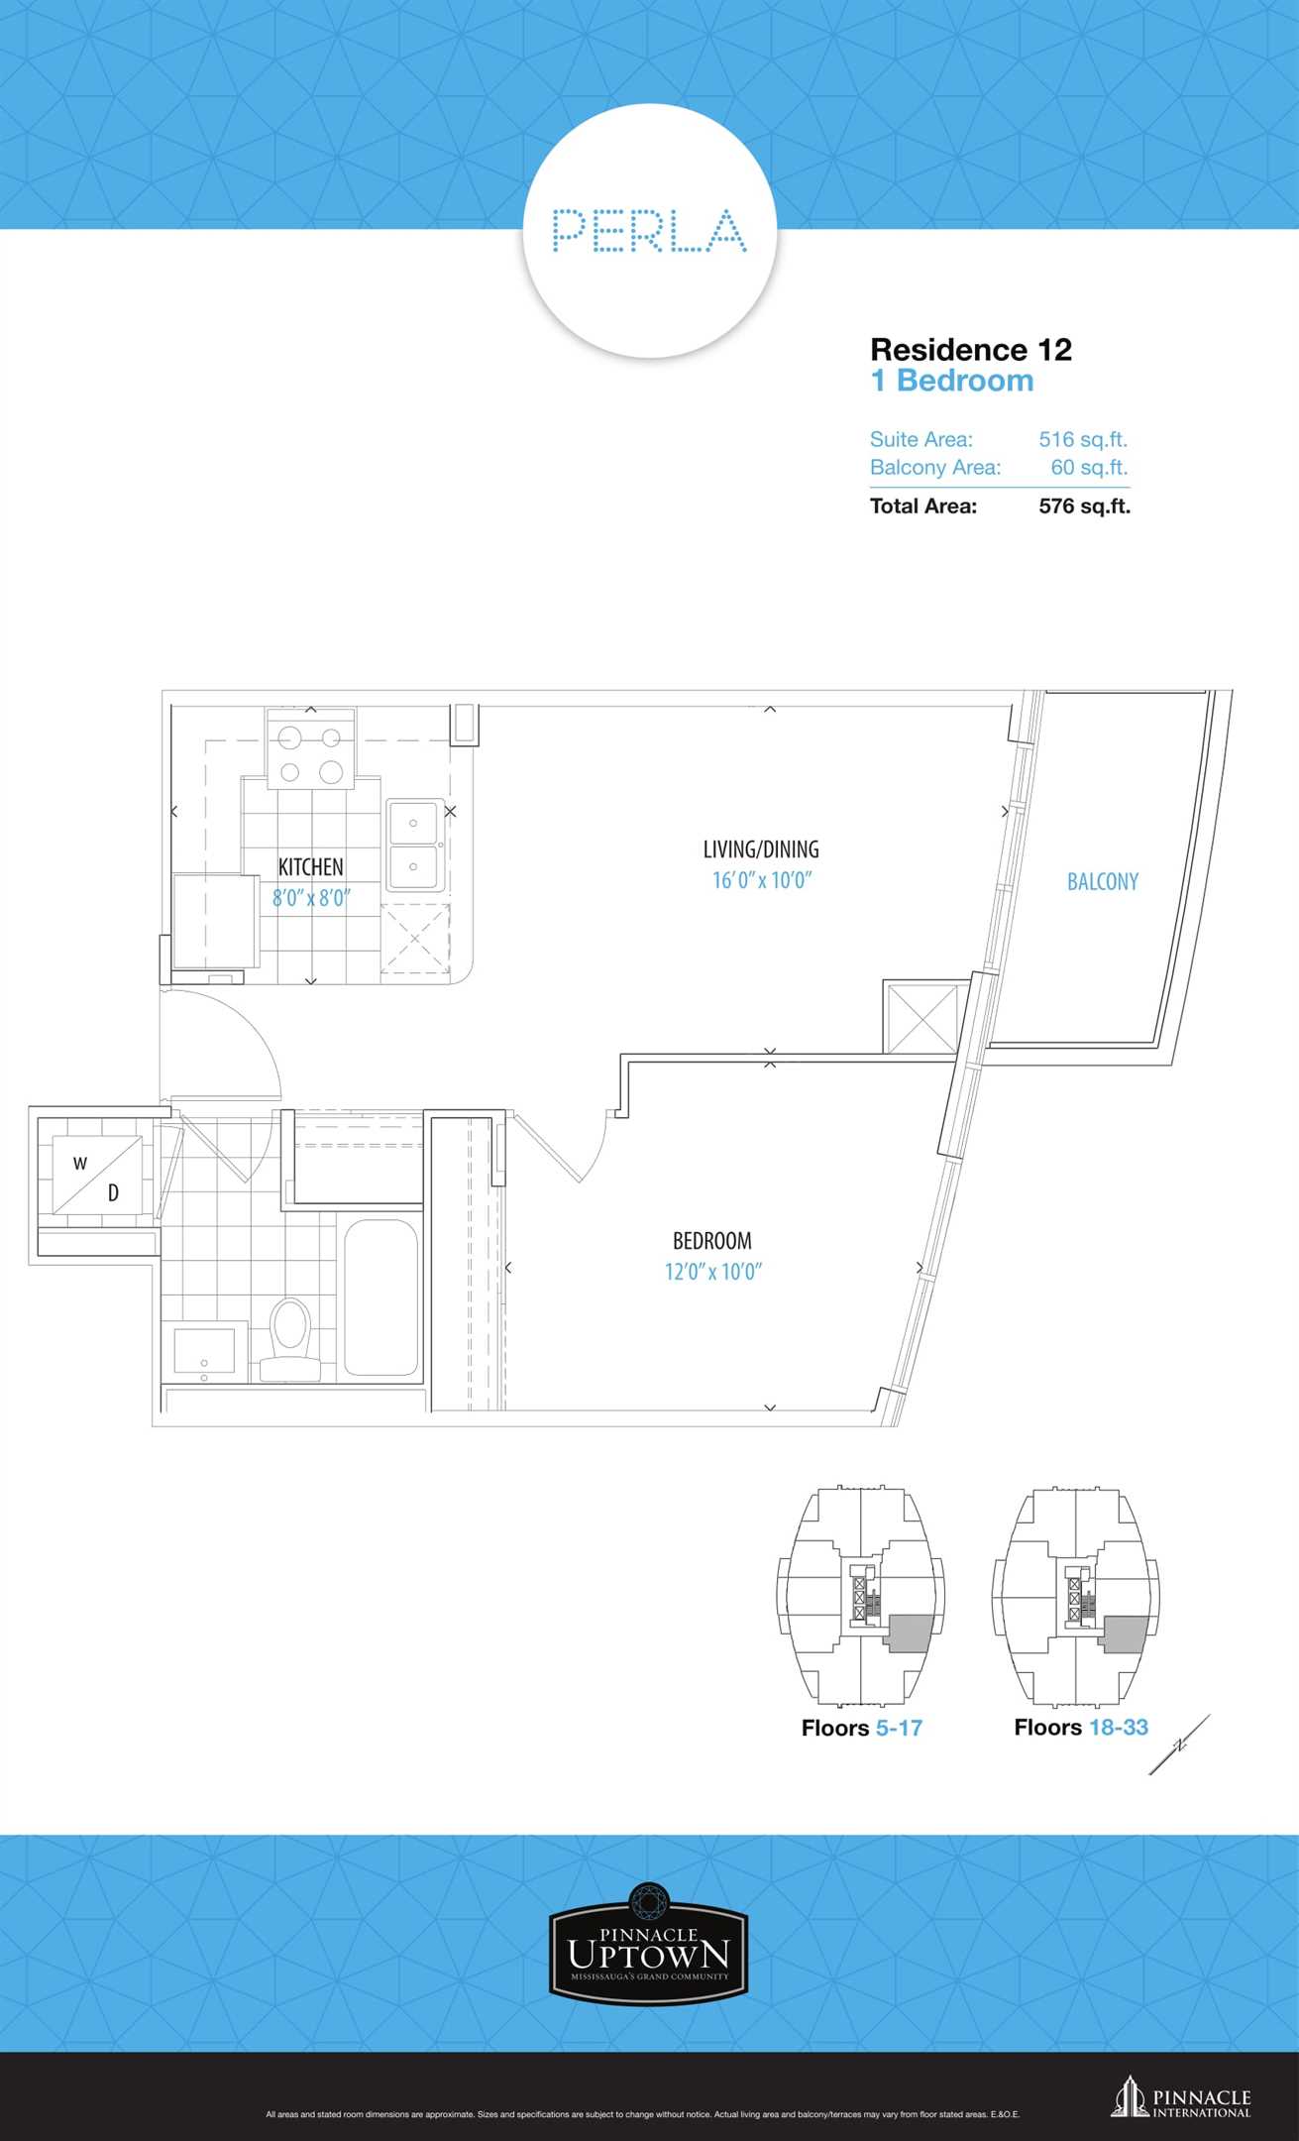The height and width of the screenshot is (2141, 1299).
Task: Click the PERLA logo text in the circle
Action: click(649, 230)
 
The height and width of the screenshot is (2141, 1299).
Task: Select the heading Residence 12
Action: click(971, 349)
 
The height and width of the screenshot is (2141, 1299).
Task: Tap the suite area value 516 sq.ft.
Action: click(1083, 439)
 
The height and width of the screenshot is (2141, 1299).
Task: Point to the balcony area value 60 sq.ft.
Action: click(1089, 467)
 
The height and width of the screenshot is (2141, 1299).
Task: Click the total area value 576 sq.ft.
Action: click(1084, 506)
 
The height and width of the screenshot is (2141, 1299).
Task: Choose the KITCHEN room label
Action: click(311, 867)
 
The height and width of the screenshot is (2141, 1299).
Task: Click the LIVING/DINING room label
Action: click(761, 849)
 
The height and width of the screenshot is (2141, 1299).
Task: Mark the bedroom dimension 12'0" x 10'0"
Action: click(713, 1272)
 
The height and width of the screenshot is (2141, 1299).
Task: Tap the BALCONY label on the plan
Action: click(1103, 881)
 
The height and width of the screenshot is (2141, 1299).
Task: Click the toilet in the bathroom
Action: click(290, 1339)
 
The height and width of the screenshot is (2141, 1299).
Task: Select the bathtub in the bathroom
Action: click(381, 1297)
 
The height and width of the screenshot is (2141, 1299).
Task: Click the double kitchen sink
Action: click(414, 845)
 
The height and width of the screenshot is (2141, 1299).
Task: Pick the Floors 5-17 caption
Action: click(862, 1728)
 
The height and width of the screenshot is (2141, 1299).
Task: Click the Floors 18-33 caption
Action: click(1081, 1727)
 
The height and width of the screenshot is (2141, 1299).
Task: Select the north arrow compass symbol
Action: click(1179, 1745)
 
